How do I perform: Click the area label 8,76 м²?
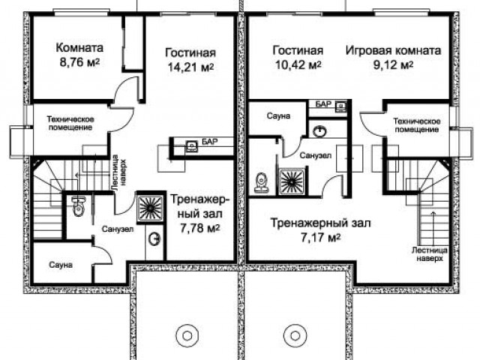(x=79, y=62)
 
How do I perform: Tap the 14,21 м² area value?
(x=190, y=67)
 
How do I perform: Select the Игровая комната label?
(x=393, y=50)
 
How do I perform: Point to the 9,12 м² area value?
(x=393, y=64)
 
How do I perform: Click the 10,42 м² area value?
(x=298, y=64)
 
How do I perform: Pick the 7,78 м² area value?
(x=200, y=228)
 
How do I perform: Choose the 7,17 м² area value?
(x=320, y=237)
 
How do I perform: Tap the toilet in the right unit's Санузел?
(x=262, y=183)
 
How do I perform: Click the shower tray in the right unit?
(x=292, y=181)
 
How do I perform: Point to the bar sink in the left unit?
(x=192, y=147)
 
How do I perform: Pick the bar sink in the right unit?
(x=340, y=106)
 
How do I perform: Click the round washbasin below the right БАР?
(x=320, y=131)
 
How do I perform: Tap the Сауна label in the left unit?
(x=61, y=265)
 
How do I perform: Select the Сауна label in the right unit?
(x=278, y=116)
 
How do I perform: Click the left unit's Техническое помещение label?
(x=70, y=123)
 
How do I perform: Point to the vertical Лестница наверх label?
(x=118, y=172)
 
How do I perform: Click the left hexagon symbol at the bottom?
(x=187, y=336)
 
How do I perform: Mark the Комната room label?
(x=79, y=48)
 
